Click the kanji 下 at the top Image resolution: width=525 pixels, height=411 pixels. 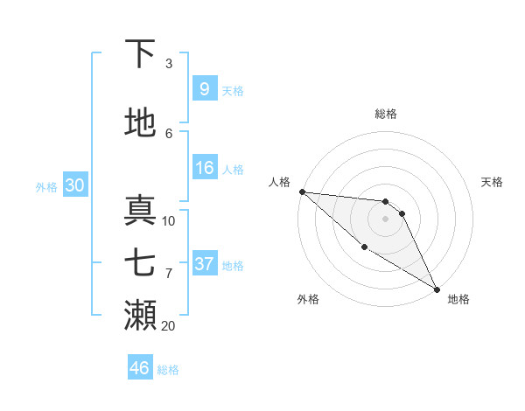[x=140, y=55]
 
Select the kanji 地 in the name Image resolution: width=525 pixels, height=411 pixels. [x=140, y=123]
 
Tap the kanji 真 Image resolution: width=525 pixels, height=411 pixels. [x=140, y=210]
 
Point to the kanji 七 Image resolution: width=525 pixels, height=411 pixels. [x=140, y=262]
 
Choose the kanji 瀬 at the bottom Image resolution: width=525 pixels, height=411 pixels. [x=140, y=315]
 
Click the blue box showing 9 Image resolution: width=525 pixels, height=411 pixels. [x=204, y=89]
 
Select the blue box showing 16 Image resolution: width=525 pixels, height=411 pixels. [x=204, y=169]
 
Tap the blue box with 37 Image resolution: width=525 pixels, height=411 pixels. [x=204, y=264]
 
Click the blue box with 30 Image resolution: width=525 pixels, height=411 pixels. [x=74, y=185]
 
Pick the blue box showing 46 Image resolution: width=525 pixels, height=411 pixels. [x=139, y=368]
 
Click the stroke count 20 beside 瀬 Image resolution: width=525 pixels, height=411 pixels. [x=168, y=326]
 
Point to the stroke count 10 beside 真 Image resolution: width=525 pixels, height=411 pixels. [x=169, y=221]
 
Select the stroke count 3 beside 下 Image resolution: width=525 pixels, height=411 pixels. [x=169, y=64]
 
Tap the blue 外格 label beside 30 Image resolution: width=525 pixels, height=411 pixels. [x=46, y=186]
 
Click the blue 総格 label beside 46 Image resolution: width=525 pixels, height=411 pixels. [x=168, y=370]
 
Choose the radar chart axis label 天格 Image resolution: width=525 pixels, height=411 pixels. [x=493, y=182]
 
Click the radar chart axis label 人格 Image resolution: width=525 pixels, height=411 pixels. [x=279, y=182]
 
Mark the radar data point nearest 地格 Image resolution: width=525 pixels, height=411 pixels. [x=437, y=289]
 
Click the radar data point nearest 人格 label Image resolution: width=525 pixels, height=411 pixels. [x=301, y=192]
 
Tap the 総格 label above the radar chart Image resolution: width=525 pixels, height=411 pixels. [x=386, y=114]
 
